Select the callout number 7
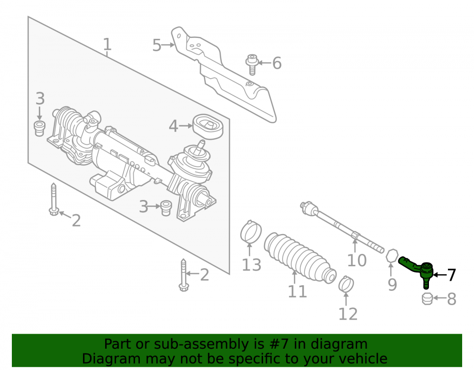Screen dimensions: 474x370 click(x=451, y=275)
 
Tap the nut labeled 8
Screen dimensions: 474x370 click(x=427, y=299)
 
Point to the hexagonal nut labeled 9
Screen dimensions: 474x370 click(x=392, y=256)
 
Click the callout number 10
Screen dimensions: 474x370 click(x=357, y=260)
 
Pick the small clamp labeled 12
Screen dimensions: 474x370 click(x=346, y=285)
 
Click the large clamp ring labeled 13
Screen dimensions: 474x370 click(x=251, y=232)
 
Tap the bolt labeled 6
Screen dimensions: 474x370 click(x=252, y=64)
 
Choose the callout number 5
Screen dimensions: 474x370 click(x=156, y=45)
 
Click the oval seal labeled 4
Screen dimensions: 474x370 click(x=208, y=126)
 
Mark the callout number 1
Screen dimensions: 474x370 click(x=107, y=44)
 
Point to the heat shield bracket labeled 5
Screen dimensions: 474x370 click(x=224, y=74)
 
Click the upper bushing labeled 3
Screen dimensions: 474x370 click(x=39, y=128)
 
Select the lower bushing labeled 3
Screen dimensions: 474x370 click(x=165, y=208)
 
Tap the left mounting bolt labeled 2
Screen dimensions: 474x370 click(x=54, y=199)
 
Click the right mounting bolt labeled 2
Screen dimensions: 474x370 click(x=183, y=275)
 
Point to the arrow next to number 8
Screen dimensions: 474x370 click(x=439, y=298)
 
